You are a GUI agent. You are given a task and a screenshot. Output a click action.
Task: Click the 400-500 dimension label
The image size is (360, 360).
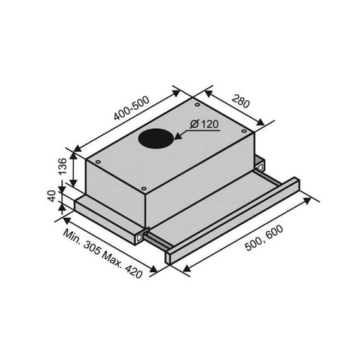click(131, 108)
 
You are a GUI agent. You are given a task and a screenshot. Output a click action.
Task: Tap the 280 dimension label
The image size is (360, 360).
click(241, 101)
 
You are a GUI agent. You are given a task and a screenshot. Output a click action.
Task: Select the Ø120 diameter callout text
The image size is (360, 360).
click(204, 124)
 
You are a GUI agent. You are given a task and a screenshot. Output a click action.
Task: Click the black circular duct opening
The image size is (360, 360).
click(155, 138)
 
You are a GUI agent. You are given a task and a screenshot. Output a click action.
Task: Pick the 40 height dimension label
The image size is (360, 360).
click(52, 196)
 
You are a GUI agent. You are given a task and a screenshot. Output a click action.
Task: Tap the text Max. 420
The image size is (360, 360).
click(122, 264)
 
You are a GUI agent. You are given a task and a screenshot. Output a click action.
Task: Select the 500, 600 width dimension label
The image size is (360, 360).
click(264, 238)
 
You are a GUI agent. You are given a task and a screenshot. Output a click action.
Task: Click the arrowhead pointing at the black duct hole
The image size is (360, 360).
click(178, 136)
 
